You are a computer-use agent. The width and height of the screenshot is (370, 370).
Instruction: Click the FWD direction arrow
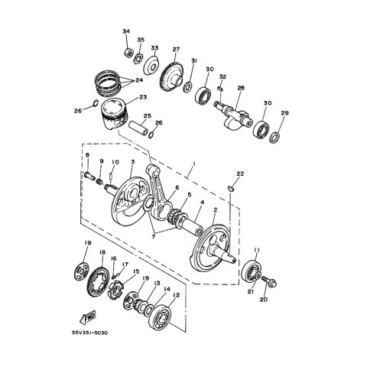(x=87, y=316)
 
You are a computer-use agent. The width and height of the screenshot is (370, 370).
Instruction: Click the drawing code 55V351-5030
(x=89, y=333)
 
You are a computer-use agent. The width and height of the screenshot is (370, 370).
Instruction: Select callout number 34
(x=126, y=31)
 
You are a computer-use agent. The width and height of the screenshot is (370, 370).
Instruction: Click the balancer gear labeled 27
(x=172, y=75)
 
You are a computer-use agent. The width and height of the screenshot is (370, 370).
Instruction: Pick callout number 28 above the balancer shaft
(x=241, y=88)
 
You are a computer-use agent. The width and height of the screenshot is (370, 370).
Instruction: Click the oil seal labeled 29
(x=274, y=137)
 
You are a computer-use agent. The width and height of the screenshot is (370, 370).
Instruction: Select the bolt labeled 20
(x=269, y=281)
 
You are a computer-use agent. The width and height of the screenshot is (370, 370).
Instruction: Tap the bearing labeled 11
(x=251, y=273)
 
